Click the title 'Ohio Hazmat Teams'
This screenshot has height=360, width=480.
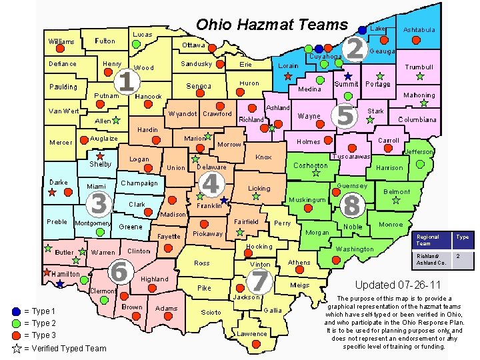[x=271, y=25]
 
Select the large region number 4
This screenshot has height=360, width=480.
[x=211, y=184]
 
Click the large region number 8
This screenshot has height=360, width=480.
[x=351, y=205]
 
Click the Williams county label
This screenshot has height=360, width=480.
[x=61, y=42]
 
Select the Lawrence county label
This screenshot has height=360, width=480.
[x=253, y=334]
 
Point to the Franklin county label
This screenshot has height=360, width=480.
[x=209, y=207]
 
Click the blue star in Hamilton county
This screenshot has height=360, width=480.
[x=60, y=284]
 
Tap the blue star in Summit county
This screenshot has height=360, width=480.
[x=347, y=76]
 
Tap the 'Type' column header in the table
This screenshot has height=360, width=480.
[x=462, y=237]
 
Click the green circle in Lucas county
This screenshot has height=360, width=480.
[x=136, y=44]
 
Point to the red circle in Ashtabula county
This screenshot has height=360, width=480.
[x=416, y=40]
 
